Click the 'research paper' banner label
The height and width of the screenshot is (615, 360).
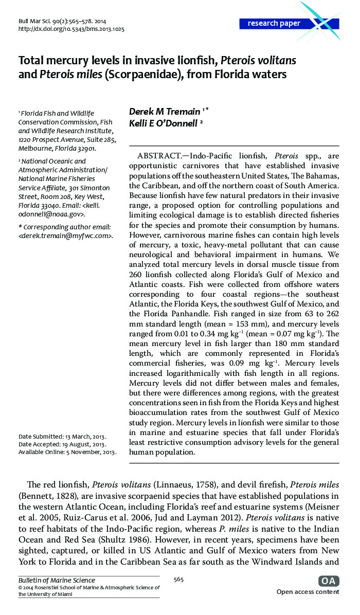(x=274, y=24)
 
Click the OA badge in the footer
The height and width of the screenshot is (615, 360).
(x=329, y=581)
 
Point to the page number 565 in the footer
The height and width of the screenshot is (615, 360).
(x=178, y=580)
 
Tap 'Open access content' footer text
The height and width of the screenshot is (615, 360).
(x=308, y=592)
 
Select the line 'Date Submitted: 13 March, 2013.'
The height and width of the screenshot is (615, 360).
(x=62, y=437)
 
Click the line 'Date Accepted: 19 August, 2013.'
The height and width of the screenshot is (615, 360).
(x=62, y=444)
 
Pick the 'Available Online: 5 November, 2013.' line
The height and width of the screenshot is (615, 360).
(x=67, y=452)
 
